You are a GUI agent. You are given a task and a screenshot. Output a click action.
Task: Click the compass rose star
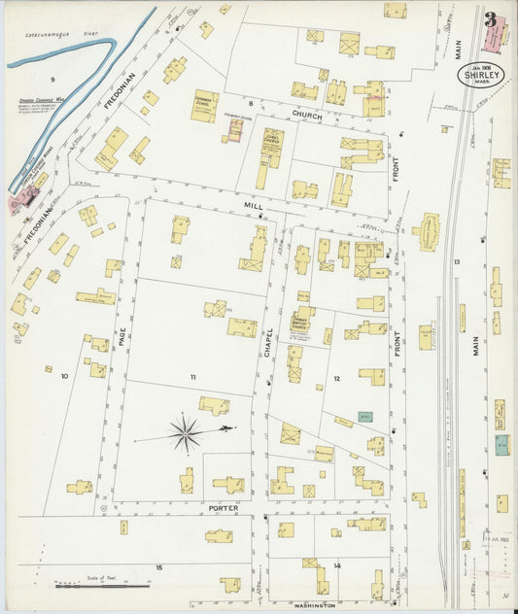click(185, 432)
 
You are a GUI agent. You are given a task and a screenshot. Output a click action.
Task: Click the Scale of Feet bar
click(103, 585)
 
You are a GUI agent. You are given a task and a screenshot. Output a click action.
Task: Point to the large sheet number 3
click(490, 19)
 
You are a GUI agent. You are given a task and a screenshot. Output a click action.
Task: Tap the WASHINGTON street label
click(314, 604)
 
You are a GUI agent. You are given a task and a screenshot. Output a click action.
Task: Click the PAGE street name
click(123, 338)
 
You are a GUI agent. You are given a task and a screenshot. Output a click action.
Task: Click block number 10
click(64, 375)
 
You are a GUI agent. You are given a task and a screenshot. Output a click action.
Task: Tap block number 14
click(337, 564)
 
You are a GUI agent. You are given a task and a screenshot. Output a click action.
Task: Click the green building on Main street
click(501, 445)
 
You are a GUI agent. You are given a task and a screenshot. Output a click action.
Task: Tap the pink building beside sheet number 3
click(496, 36)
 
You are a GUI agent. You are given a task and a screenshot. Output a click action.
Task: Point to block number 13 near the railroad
click(455, 262)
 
